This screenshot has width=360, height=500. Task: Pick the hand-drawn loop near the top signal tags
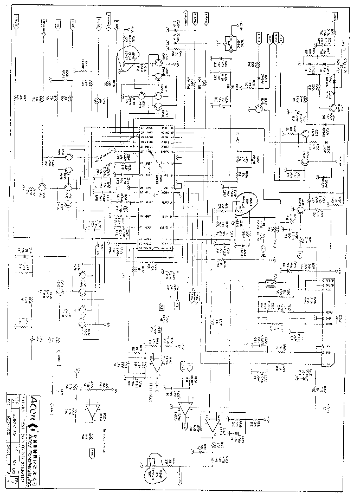tap(130, 55)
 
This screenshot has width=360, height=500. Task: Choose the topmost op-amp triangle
tap(157, 363)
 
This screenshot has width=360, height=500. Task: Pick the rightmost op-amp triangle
tap(213, 423)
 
